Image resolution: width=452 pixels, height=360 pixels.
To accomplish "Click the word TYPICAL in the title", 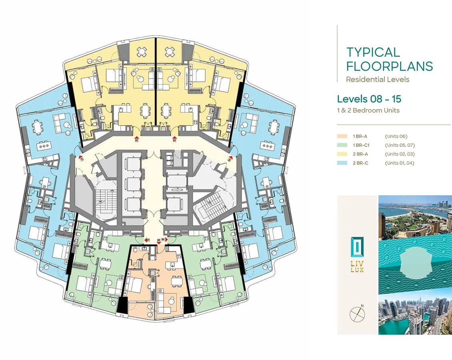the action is point(373,52).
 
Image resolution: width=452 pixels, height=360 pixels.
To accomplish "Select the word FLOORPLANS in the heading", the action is point(390,66).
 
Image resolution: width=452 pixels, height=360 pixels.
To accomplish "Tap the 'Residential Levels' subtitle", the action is point(378,79).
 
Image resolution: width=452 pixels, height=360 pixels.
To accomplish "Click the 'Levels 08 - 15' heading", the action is point(369,99).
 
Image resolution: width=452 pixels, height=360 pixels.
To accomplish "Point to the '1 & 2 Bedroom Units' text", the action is point(368,110).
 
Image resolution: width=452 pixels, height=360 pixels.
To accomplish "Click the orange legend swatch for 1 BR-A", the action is point(342,136).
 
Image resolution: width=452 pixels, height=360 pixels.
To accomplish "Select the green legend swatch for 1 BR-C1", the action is point(342,145).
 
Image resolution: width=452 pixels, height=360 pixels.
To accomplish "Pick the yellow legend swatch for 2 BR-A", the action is point(342,154).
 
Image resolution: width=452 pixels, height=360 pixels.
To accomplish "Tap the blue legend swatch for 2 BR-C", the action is point(342,163).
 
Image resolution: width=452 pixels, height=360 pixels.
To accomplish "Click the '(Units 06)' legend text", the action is point(396,136).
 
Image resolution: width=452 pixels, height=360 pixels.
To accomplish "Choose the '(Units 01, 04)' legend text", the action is point(400,163).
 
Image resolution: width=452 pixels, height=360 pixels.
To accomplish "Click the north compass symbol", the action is point(357,314).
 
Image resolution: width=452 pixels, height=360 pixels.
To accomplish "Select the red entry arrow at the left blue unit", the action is point(81,158).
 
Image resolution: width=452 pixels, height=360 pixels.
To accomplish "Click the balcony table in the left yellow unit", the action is point(142,52).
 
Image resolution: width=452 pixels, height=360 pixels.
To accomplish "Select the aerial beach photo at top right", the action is point(415,218).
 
